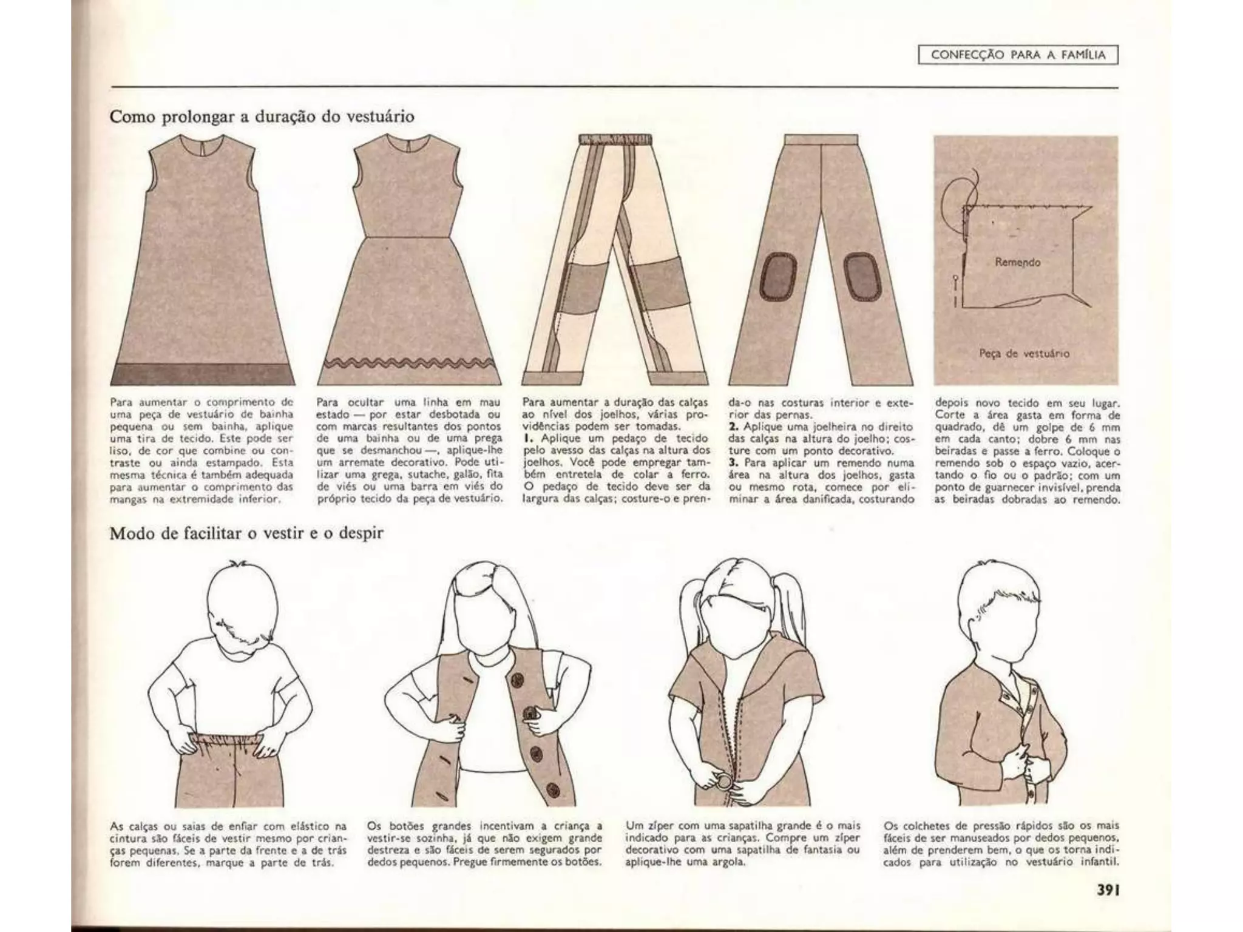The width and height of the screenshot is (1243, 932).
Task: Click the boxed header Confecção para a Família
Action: (1018, 55)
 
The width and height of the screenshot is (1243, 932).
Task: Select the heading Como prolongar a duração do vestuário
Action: (262, 116)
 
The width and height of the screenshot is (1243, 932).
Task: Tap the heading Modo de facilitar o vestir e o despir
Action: (246, 534)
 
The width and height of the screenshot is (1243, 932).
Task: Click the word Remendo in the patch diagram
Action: (1018, 262)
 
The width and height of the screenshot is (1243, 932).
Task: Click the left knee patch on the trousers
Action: (779, 275)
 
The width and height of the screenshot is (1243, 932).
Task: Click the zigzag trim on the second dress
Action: (409, 363)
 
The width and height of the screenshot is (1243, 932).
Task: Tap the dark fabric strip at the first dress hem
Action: (203, 374)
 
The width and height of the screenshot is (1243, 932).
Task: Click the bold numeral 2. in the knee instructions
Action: (734, 427)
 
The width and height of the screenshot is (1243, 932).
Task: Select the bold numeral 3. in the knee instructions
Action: (734, 463)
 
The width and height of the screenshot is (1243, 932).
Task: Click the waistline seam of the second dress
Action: (408, 237)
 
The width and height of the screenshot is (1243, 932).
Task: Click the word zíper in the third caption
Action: (662, 826)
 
